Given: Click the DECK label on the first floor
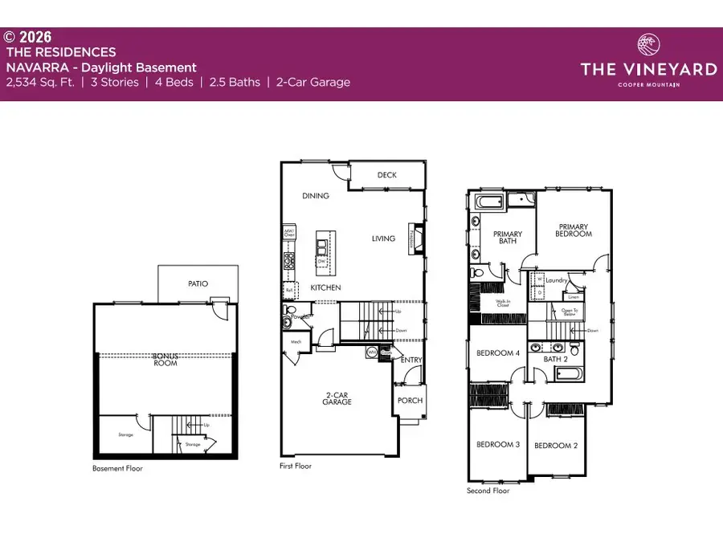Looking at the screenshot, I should click(387, 174).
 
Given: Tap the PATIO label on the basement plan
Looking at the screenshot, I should click(198, 283).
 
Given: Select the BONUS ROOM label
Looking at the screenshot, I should click(166, 359).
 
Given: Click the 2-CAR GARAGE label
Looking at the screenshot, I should click(338, 399).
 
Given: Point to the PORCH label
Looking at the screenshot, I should click(410, 400).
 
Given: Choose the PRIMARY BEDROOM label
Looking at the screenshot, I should click(574, 230).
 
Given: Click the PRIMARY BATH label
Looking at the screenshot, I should click(507, 238).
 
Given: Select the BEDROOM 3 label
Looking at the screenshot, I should click(498, 445).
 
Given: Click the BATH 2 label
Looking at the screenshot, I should click(555, 359).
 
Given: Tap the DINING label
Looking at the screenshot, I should click(317, 196).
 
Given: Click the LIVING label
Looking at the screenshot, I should click(383, 238).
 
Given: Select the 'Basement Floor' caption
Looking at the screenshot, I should click(117, 468).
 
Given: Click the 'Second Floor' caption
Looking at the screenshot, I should click(488, 490).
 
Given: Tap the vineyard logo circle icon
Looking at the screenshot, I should click(648, 44).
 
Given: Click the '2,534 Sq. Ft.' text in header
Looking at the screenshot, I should click(41, 82).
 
